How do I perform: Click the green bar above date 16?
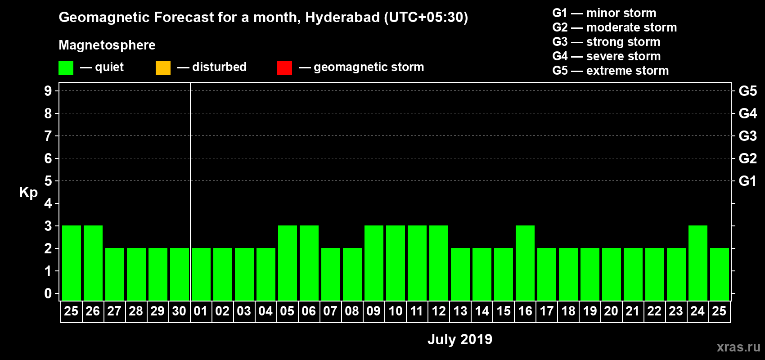[525, 263]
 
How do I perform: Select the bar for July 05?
[288, 263]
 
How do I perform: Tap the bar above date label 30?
[180, 274]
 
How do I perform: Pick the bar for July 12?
[439, 263]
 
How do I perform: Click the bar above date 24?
[698, 263]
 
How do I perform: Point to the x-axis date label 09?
[373, 311]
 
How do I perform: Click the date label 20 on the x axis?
[611, 311]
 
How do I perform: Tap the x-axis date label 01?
[201, 311]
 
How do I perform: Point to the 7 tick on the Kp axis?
[48, 136]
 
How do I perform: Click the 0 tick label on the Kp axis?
[48, 293]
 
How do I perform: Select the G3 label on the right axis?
[747, 136]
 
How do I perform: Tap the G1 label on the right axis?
[747, 181]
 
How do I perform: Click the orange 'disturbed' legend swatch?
[163, 68]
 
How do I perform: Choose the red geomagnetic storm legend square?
[284, 68]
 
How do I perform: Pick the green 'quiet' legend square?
[66, 68]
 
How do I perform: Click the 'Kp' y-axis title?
[28, 192]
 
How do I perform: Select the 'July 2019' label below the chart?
[459, 339]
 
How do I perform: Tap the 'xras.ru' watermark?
[738, 346]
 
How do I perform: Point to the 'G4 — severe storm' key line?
[606, 56]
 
